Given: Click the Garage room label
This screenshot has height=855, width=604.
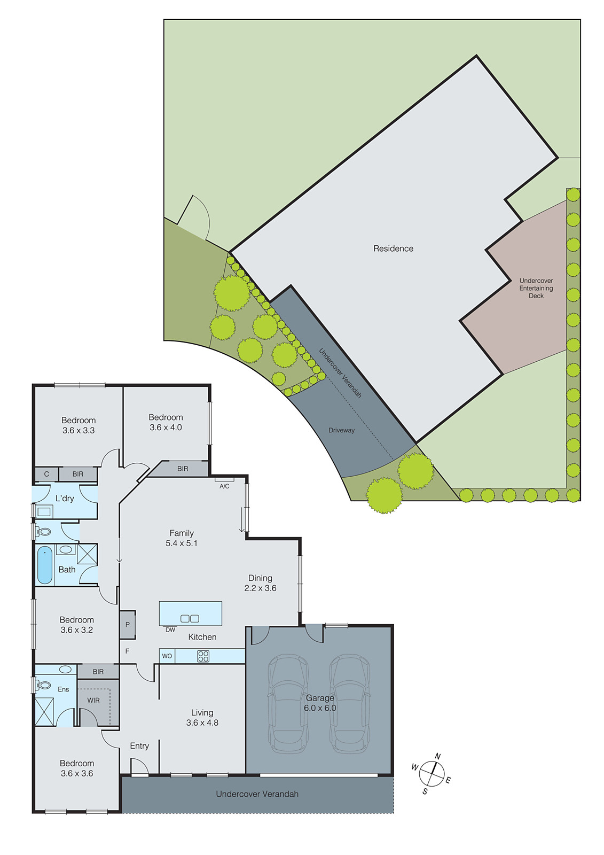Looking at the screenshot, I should pyautogui.click(x=320, y=703).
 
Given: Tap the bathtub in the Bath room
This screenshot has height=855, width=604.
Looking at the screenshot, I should pyautogui.click(x=45, y=565).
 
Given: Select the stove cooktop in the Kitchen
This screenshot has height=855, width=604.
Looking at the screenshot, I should pyautogui.click(x=203, y=656).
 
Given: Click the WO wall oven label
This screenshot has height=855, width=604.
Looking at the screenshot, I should pyautogui.click(x=167, y=656).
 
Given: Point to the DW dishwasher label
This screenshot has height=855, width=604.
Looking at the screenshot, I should pyautogui.click(x=170, y=630).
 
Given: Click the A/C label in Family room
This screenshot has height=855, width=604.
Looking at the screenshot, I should pyautogui.click(x=224, y=486).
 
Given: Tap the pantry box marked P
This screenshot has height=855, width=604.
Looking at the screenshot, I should pyautogui.click(x=128, y=624).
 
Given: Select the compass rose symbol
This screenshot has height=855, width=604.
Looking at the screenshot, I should pyautogui.click(x=432, y=773).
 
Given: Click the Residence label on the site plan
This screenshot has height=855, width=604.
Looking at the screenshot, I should pyautogui.click(x=393, y=248).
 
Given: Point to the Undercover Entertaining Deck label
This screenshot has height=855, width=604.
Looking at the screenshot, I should pyautogui.click(x=536, y=288).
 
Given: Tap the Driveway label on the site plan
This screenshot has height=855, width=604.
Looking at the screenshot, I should pyautogui.click(x=341, y=430).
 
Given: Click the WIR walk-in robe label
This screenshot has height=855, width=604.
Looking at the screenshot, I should pyautogui.click(x=93, y=700).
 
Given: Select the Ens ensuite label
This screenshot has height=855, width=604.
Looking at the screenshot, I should pyautogui.click(x=64, y=689).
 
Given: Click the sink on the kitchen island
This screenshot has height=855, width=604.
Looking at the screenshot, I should pyautogui.click(x=190, y=618).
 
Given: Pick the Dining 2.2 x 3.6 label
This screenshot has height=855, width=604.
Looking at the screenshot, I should pyautogui.click(x=260, y=583).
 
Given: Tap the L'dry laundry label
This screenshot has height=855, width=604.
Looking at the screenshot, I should pyautogui.click(x=65, y=499).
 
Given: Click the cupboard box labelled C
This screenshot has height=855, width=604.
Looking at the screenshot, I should pyautogui.click(x=46, y=474).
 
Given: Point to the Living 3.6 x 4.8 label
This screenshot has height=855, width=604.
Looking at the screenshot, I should pyautogui.click(x=202, y=718).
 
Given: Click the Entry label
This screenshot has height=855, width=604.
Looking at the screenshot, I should pyautogui.click(x=139, y=746).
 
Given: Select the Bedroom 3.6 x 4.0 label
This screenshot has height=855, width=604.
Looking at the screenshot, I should pyautogui.click(x=166, y=422).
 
